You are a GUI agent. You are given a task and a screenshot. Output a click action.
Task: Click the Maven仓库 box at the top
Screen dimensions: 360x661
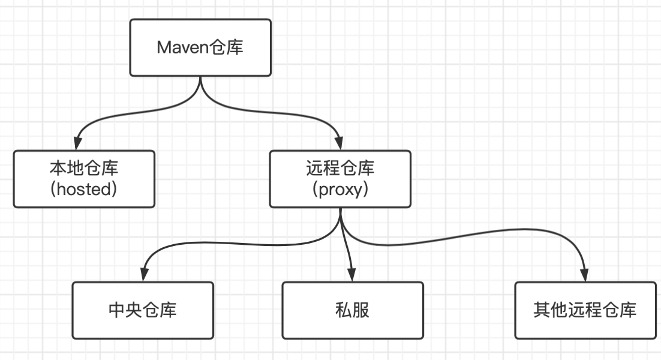tap(200, 47)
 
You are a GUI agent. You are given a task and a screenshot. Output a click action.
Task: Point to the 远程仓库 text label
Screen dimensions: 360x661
tap(339, 168)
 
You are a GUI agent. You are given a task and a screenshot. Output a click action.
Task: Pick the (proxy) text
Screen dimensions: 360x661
tap(339, 189)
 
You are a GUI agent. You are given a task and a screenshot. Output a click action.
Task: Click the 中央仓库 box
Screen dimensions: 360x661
tap(143, 310)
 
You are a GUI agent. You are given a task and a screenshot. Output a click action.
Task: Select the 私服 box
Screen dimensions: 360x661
tap(353, 310)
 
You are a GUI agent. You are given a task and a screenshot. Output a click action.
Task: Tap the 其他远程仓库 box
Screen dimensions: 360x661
tap(585, 310)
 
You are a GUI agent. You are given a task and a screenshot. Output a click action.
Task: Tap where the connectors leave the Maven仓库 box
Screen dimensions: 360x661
tap(200, 77)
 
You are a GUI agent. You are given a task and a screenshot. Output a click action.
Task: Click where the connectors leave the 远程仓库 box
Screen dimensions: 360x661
tap(340, 209)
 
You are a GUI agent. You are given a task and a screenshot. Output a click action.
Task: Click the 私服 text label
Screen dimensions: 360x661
tap(353, 310)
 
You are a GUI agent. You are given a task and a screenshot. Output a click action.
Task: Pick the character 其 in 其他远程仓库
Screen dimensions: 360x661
tap(542, 310)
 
